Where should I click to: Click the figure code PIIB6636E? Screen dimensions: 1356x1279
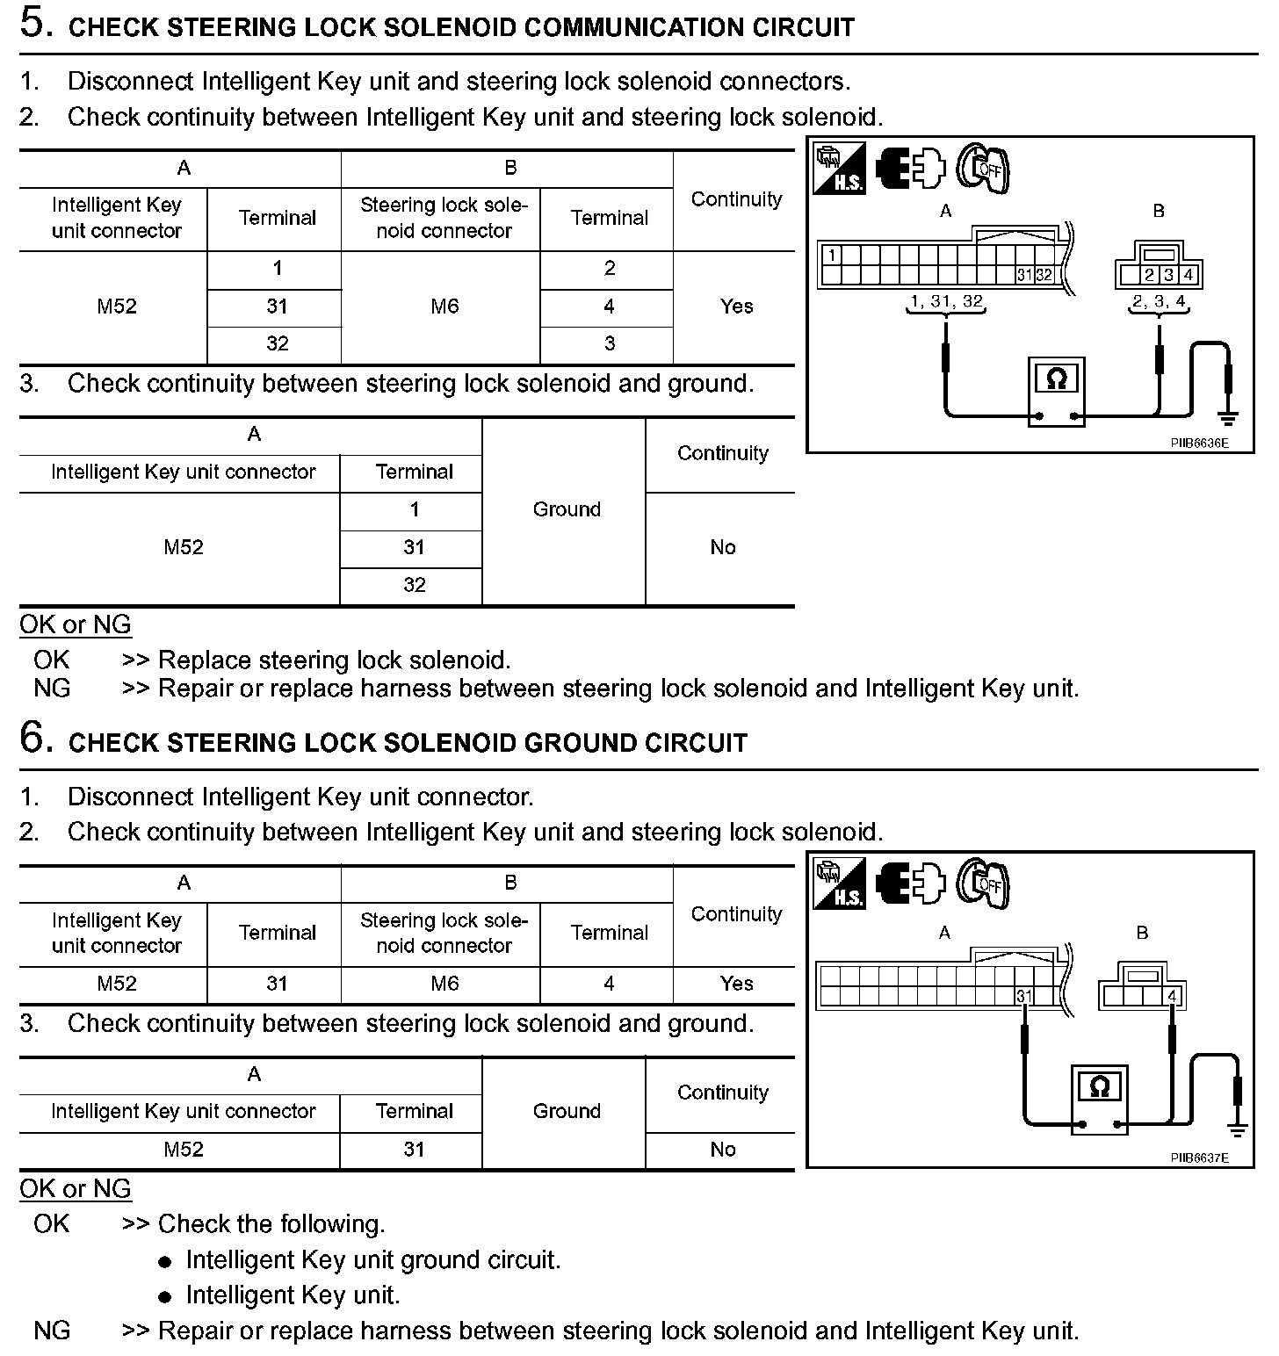tap(1198, 443)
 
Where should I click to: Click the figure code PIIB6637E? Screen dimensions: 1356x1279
tap(1198, 1158)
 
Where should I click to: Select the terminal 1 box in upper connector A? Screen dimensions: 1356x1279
tap(831, 256)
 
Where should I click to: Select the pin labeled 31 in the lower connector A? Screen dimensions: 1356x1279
tap(1023, 995)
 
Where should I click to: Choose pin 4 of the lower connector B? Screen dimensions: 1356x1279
tap(1174, 995)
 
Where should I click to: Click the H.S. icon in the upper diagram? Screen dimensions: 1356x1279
tap(838, 169)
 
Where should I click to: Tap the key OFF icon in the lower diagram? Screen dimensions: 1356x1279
tap(984, 883)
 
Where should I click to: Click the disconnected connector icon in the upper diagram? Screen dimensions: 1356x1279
tap(910, 168)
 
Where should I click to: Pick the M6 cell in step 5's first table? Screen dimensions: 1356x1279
tap(444, 307)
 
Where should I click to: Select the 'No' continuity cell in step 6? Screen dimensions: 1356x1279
tap(722, 1150)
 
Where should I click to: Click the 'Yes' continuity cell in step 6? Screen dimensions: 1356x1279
tap(736, 984)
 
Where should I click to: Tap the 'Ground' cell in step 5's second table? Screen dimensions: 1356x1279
tap(567, 509)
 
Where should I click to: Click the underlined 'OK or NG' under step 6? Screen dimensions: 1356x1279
tap(76, 1189)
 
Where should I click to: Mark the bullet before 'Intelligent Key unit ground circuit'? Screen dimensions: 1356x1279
tap(165, 1262)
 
